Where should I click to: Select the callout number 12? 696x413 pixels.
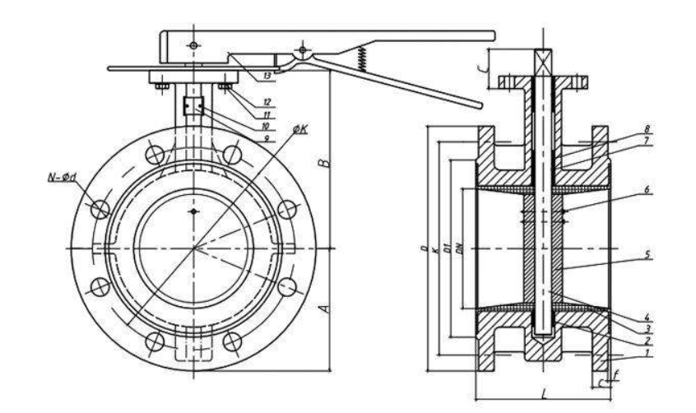pos(267,103)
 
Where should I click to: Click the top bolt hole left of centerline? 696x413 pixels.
pos(154,154)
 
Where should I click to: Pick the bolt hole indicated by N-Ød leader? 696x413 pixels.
pos(100,209)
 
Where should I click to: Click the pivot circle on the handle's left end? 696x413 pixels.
pos(193,44)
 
